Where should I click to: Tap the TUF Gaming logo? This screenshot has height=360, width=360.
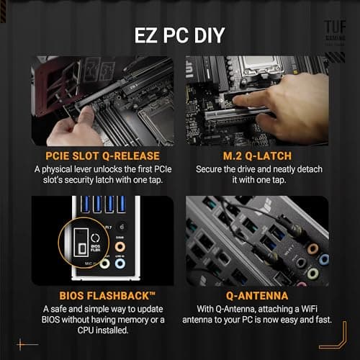pyautogui.click(x=333, y=29)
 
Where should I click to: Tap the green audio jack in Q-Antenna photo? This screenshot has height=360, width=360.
pyautogui.click(x=311, y=274)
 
